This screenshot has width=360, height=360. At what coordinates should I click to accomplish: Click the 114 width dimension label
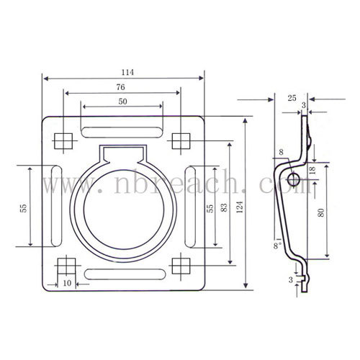pyautogui.click(x=127, y=72)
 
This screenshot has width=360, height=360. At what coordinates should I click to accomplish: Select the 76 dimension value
pyautogui.click(x=121, y=87)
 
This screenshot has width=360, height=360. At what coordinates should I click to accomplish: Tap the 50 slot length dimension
pyautogui.click(x=122, y=102)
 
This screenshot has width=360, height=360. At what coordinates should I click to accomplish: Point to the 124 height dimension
pyautogui.click(x=240, y=207)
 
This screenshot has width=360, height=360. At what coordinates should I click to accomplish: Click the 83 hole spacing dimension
pyautogui.click(x=224, y=207)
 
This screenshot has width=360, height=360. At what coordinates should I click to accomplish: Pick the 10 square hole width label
pyautogui.click(x=67, y=283)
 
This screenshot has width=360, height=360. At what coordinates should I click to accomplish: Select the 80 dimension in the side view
pyautogui.click(x=321, y=212)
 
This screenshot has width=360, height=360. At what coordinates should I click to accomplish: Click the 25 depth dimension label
pyautogui.click(x=292, y=98)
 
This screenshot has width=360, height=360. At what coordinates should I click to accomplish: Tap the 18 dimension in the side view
pyautogui.click(x=312, y=170)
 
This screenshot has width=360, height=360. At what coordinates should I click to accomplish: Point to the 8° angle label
pyautogui.click(x=277, y=243)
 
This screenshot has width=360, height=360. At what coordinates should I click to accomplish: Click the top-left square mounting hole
pyautogui.click(x=63, y=141)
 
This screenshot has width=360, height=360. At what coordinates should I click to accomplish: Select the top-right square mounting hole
pyautogui.click(x=181, y=141)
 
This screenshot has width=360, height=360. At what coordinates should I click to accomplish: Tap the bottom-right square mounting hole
pyautogui.click(x=181, y=266)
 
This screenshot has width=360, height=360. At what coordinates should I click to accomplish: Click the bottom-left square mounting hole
pyautogui.click(x=66, y=266)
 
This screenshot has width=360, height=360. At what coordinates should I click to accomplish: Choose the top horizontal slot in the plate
pyautogui.click(x=122, y=132)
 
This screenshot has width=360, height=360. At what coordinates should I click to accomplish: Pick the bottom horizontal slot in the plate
pyautogui.click(x=125, y=274)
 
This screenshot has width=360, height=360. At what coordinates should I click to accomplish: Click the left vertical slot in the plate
pyautogui.click(x=57, y=206)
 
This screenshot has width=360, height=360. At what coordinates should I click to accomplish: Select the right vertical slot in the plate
pyautogui.click(x=190, y=207)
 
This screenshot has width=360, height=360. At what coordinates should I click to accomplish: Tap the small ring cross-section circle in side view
pyautogui.click(x=293, y=179)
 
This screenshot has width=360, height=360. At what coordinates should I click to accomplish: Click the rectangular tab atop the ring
pyautogui.click(x=122, y=153)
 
